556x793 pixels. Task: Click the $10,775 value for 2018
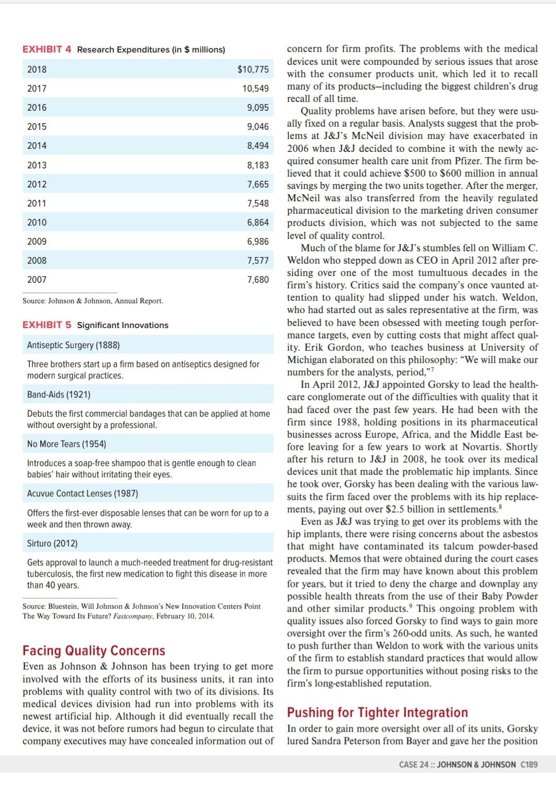[x=253, y=70]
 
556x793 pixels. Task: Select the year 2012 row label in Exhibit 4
[x=37, y=184]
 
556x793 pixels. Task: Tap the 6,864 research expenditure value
[x=257, y=222]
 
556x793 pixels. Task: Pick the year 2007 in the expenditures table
[x=37, y=280]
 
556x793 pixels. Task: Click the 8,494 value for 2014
[x=257, y=146]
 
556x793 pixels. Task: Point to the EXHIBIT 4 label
[x=47, y=49]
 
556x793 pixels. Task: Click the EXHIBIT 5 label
[x=47, y=325]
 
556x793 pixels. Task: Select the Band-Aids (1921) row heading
[x=59, y=395]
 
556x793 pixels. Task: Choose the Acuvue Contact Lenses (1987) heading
[x=82, y=493]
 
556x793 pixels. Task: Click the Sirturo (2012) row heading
[x=52, y=543]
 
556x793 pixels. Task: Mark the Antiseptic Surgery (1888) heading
[x=73, y=345]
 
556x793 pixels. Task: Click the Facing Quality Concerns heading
[x=94, y=650]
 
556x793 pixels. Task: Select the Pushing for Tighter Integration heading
[x=377, y=713]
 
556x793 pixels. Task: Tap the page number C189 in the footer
[x=529, y=764]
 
